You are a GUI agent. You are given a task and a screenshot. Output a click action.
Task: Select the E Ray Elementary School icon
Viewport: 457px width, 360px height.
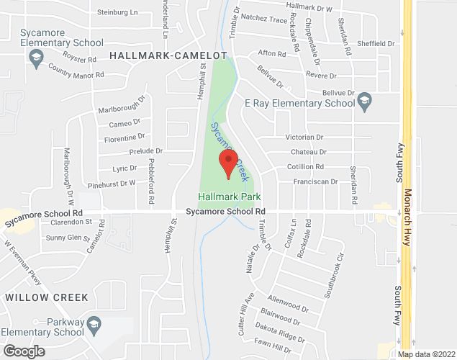[364, 100]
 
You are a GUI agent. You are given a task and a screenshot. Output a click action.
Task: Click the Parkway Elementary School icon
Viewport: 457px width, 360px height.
[93, 327]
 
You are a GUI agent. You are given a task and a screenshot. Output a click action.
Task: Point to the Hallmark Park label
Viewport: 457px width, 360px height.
[230, 196]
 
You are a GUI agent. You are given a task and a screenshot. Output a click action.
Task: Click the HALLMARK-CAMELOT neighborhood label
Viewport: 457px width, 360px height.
[168, 55]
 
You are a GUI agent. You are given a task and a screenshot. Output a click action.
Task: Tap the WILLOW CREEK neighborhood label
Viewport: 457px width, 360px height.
[46, 297]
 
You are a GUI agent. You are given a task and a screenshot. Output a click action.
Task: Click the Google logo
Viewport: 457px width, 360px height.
[23, 351]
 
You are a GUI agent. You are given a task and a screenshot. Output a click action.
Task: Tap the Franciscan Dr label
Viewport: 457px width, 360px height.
[315, 182]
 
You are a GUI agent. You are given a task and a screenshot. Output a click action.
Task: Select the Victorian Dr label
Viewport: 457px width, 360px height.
[304, 137]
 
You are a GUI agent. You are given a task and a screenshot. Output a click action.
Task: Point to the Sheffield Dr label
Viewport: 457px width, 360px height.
[376, 43]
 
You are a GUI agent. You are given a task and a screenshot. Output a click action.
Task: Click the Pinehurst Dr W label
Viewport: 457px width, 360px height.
[109, 184]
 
